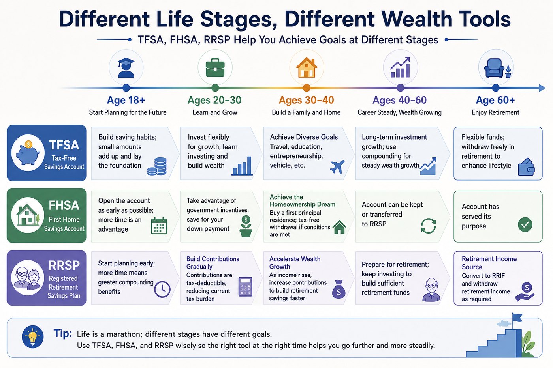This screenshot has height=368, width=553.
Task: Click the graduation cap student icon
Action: pyautogui.click(x=126, y=68)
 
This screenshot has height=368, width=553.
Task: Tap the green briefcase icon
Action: pyautogui.click(x=215, y=67)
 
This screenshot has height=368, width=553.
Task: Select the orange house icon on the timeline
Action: pyautogui.click(x=307, y=67)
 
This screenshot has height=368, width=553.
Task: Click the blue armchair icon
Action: pyautogui.click(x=494, y=68)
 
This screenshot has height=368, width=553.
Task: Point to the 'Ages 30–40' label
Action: pyautogui.click(x=307, y=100)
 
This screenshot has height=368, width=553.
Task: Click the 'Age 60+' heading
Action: pyautogui.click(x=495, y=100)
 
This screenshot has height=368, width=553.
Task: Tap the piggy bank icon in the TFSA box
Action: pyautogui.click(x=28, y=153)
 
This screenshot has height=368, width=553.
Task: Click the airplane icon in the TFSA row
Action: pyautogui.click(x=337, y=166)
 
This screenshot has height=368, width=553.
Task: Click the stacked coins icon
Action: pyautogui.click(x=157, y=166)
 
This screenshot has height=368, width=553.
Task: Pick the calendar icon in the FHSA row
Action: pyautogui.click(x=159, y=226)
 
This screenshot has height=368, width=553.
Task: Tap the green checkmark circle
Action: pyautogui.click(x=525, y=224)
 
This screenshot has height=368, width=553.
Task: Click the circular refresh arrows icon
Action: pyautogui.click(x=428, y=226)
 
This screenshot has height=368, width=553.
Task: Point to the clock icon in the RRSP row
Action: pyautogui.click(x=162, y=289)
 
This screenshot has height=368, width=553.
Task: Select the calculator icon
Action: pyautogui.click(x=245, y=287)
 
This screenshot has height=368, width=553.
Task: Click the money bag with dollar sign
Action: pyautogui.click(x=339, y=289)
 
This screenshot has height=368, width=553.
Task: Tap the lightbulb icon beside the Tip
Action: pyautogui.click(x=32, y=337)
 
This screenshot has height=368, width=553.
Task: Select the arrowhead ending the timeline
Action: pyautogui.click(x=542, y=88)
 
